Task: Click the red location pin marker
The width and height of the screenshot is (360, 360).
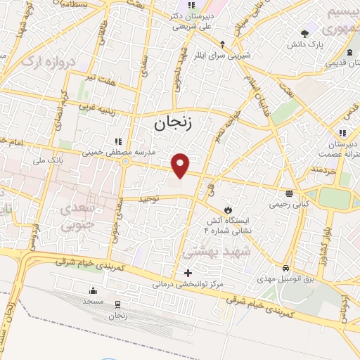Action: [x=181, y=165]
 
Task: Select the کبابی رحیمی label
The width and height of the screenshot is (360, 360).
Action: [x=288, y=205]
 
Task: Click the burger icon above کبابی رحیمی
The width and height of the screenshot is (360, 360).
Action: [x=289, y=193]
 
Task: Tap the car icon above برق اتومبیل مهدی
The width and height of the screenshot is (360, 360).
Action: [x=285, y=269]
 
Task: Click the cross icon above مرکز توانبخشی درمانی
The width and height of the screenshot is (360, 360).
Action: [x=187, y=273]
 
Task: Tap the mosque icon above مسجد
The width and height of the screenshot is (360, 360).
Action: [x=93, y=291]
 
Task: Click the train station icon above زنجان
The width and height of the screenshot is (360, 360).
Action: [x=117, y=304]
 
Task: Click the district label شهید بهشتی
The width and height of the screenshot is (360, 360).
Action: [x=212, y=251]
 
